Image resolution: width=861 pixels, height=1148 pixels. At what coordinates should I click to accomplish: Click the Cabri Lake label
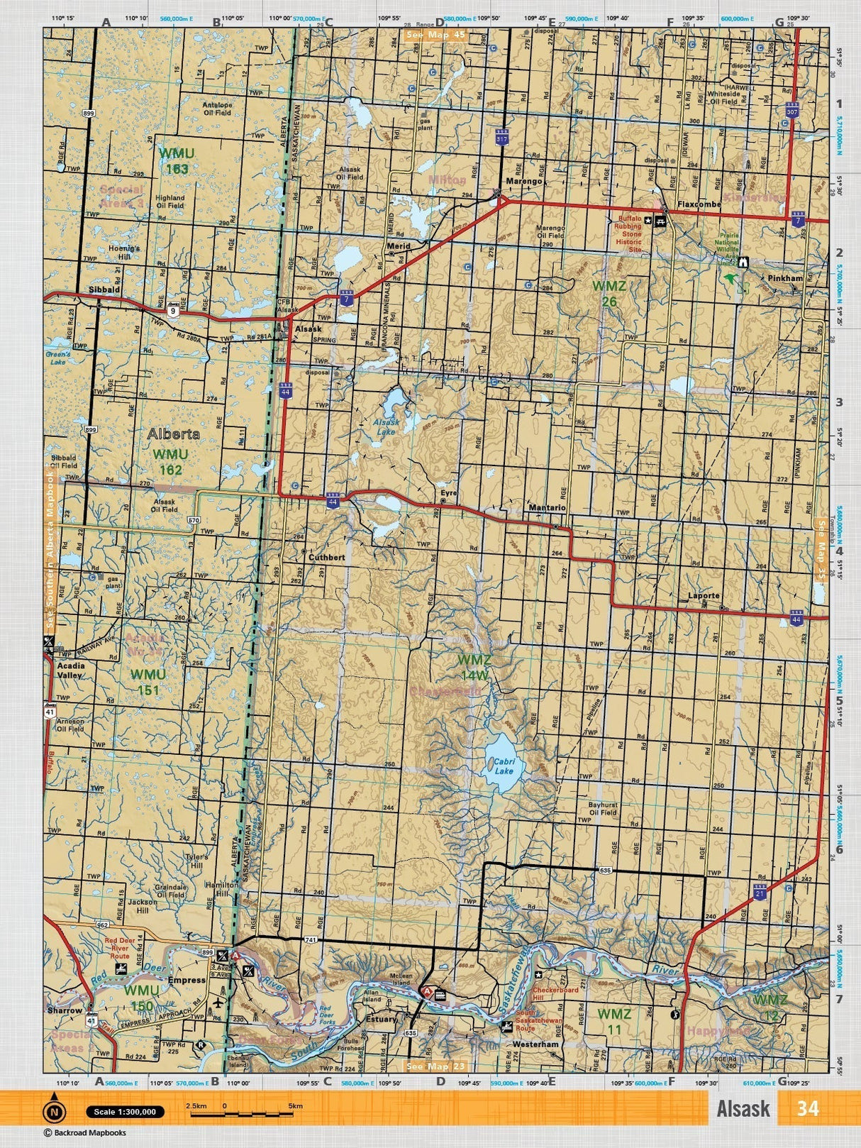pos(504,766)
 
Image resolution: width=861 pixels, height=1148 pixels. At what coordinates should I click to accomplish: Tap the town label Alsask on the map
pos(309,329)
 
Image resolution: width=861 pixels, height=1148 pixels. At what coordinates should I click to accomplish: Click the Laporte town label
pos(704,596)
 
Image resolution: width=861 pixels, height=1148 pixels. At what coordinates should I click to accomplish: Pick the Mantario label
pos(546,508)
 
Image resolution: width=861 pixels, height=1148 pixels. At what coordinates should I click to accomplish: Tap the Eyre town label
pos(448,492)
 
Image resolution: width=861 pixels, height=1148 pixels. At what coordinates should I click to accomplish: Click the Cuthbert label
pos(326,558)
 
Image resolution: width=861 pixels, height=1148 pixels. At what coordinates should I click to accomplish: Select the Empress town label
pos(187,981)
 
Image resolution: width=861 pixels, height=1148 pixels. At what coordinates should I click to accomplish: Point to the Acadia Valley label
pos(70,670)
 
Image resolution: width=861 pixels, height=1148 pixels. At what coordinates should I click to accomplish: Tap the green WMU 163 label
pos(173,160)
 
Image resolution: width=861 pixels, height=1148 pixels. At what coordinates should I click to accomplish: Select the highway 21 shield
pos(760,891)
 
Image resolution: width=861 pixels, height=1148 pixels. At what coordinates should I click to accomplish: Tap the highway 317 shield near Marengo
pos(502,139)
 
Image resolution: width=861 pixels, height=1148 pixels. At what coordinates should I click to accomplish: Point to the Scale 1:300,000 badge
pos(125,1112)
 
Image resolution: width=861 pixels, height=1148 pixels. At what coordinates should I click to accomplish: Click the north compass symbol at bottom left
pos(53,1112)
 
